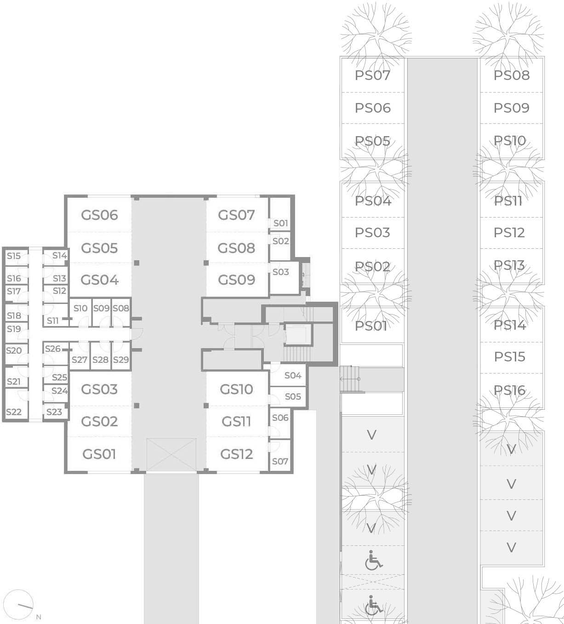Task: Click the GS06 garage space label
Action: coord(100,215)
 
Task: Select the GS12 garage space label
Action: coord(236,454)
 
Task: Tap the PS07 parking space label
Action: coord(372,75)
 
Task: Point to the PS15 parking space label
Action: coord(510,357)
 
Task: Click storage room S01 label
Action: coord(280,223)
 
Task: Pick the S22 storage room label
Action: coord(14,412)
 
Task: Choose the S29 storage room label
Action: coord(121,360)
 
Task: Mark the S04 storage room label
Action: coord(293,375)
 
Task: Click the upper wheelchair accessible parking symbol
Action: coord(374,560)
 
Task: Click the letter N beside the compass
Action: coord(39,617)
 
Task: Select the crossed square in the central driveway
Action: coord(171,454)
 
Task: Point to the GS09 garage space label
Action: coord(236,280)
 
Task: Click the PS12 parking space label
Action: coord(509,233)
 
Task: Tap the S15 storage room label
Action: coord(14,256)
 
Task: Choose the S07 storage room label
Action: coord(280,461)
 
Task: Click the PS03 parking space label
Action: coord(372,233)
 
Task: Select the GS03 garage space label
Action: coord(99,389)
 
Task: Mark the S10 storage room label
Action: coord(80,308)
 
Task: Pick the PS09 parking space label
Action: coord(512,108)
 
